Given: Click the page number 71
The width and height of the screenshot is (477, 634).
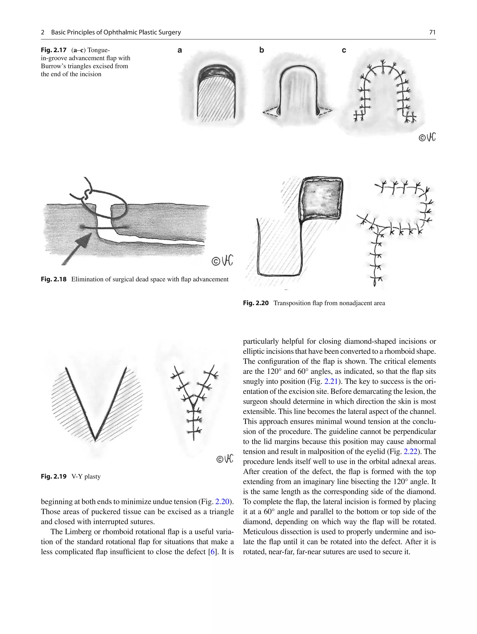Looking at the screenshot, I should coord(432,32).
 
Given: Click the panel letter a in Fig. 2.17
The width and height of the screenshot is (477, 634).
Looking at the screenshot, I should coord(180,50).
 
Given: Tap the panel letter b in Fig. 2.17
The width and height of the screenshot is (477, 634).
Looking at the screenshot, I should coord(261,50).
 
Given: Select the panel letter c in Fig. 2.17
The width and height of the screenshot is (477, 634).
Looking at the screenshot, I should coord(344,50).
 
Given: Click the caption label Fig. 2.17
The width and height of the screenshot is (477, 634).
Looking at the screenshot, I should coord(54,50).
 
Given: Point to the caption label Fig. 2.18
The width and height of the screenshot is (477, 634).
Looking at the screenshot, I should coord(54,279).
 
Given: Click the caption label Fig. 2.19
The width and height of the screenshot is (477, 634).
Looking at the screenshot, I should coord(54,476).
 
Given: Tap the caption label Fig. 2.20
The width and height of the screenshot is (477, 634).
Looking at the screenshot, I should coord(256,303).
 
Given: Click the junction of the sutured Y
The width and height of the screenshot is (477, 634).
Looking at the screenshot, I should coord(194,401).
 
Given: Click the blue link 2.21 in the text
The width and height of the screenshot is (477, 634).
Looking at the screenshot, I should coord(331,381).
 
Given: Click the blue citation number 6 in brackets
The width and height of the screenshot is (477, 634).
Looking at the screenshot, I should coord(212,552).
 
